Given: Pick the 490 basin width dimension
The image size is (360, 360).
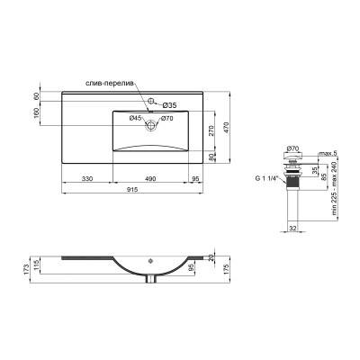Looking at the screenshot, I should (x=154, y=177).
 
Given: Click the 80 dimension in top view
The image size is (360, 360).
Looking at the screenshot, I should (x=212, y=158).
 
